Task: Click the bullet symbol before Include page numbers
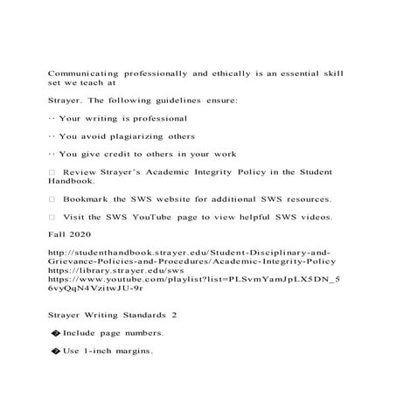[57, 334]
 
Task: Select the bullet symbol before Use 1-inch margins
[57, 351]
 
